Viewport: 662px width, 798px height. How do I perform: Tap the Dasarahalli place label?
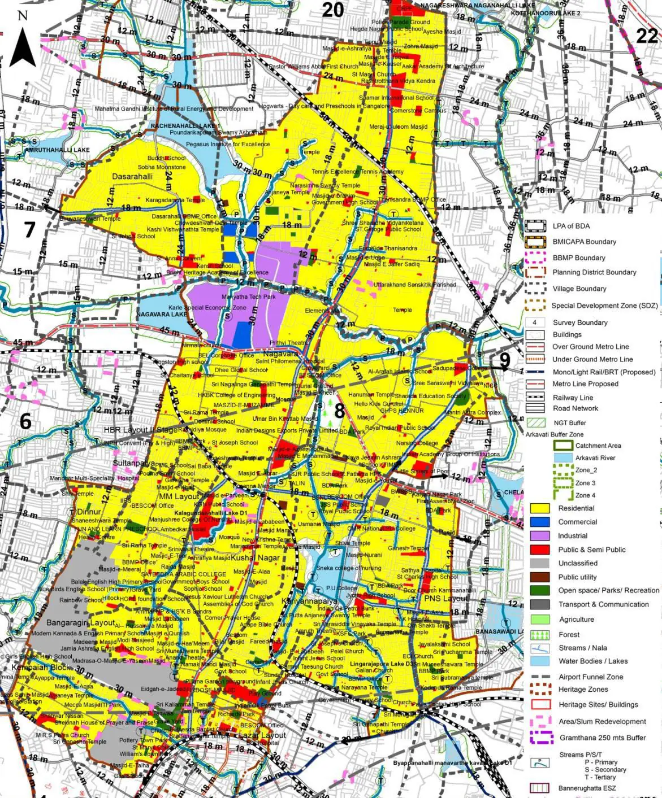coord(132,176)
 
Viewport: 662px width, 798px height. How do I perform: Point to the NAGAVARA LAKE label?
coord(162,314)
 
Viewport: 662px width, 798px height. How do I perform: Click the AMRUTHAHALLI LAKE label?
coord(58,150)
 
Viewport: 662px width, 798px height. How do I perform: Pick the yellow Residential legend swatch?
coord(539,508)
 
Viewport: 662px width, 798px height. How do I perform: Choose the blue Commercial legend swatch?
coord(539,522)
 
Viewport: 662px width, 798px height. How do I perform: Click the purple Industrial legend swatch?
coord(539,535)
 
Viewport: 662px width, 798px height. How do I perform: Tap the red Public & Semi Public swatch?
coord(539,550)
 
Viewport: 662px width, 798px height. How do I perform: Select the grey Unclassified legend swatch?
coord(539,563)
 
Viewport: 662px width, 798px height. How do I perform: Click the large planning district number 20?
coord(333,10)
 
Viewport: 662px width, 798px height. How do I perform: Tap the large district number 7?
coord(29,229)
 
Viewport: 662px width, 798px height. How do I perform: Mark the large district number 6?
coord(25,421)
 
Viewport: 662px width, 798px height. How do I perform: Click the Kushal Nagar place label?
coord(256,557)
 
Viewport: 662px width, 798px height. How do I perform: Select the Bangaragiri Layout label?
coord(81,622)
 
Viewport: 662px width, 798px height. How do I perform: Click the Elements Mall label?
coord(323,311)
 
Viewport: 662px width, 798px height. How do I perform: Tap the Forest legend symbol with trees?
coord(539,634)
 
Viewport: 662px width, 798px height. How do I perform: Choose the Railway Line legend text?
coord(573,398)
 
